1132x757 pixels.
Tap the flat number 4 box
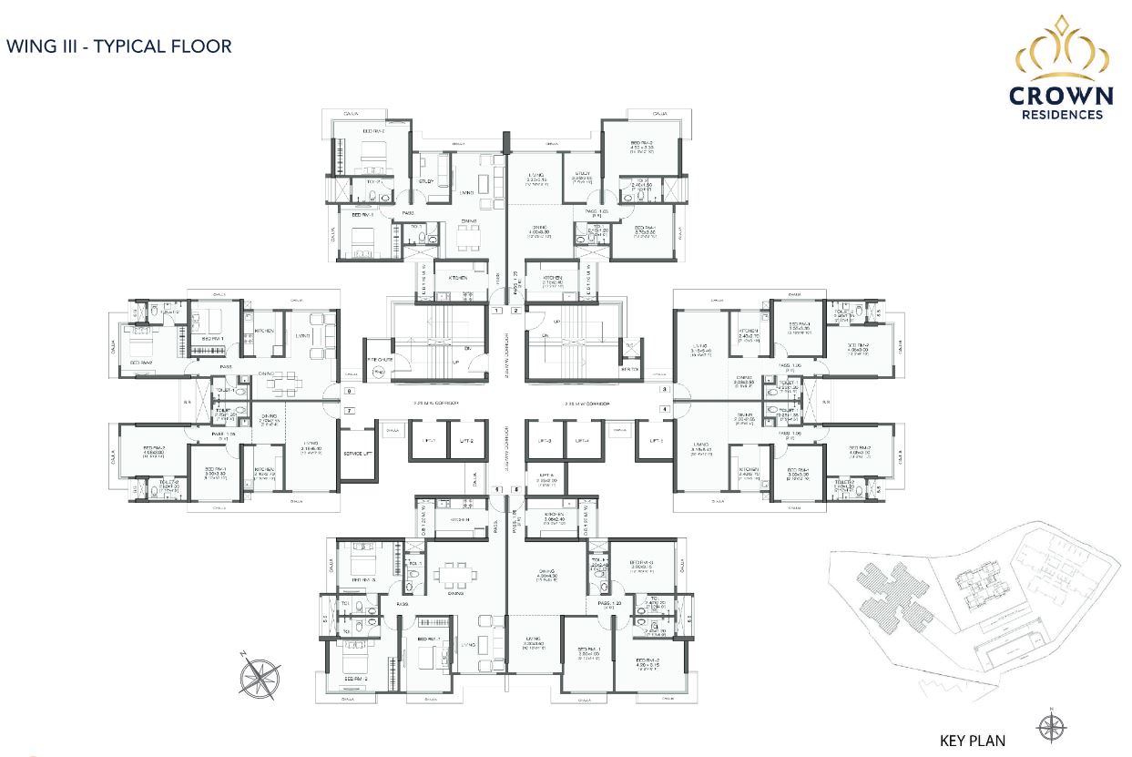pos(665,410)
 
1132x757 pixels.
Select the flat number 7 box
pos(349,411)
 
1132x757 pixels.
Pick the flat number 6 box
pos(515,490)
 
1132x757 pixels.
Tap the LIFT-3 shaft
pos(546,441)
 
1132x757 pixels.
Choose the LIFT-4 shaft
pos(582,441)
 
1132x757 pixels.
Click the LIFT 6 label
pos(546,476)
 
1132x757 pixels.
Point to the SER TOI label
pos(630,369)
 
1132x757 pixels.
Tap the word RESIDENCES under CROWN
pos(1062,115)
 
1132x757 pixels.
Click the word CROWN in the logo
pos(1062,97)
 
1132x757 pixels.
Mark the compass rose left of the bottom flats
pos(260,675)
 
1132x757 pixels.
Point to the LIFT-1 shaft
pos(428,441)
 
